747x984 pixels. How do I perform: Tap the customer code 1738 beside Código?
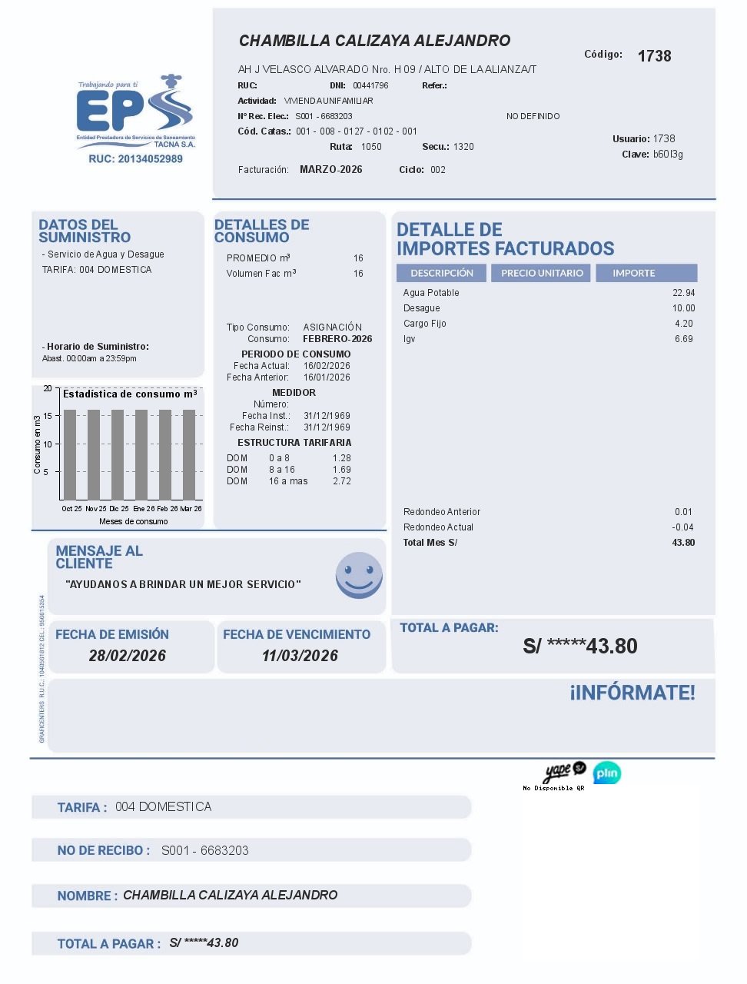(x=654, y=56)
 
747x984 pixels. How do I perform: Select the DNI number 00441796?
(x=370, y=85)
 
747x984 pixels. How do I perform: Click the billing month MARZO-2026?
(x=330, y=170)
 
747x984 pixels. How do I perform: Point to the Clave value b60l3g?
(x=668, y=155)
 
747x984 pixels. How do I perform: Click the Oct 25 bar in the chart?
(x=70, y=454)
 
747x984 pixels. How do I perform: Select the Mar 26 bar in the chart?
(x=189, y=454)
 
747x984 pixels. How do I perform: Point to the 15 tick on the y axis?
(x=48, y=416)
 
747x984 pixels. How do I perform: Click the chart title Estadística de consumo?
(x=129, y=394)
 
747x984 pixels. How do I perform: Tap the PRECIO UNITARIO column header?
(x=542, y=273)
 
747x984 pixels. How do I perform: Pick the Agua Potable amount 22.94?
(x=683, y=293)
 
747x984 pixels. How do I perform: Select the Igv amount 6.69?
(x=683, y=339)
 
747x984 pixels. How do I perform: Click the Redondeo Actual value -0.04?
(x=682, y=527)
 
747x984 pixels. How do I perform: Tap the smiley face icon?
(x=359, y=575)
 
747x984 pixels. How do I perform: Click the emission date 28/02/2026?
(x=128, y=656)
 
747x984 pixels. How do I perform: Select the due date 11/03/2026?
(x=300, y=656)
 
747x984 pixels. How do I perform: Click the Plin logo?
(x=607, y=773)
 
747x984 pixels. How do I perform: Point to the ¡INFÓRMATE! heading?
(x=632, y=693)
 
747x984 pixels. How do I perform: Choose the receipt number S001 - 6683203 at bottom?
(x=204, y=850)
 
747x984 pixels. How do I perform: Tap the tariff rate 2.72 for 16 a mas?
(x=341, y=481)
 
